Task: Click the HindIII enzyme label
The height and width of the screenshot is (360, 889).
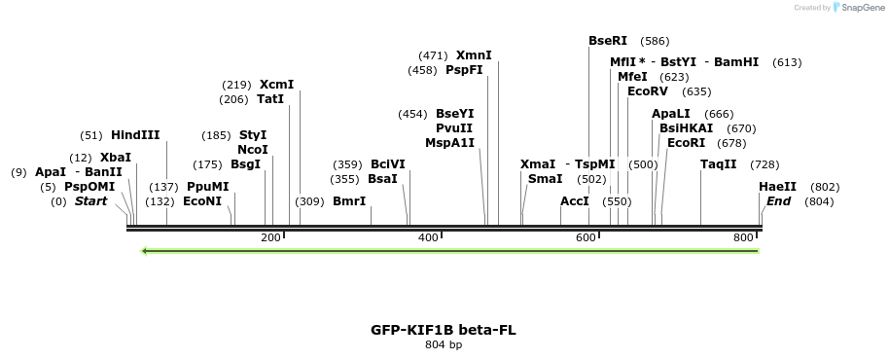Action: point(135,135)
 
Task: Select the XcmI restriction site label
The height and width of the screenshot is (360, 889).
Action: point(276,85)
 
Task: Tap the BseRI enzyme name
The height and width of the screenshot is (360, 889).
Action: point(608,41)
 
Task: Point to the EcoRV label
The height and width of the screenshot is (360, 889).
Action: point(648,91)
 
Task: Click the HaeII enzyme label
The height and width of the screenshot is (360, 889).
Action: point(778,187)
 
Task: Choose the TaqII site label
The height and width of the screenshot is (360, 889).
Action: point(719,163)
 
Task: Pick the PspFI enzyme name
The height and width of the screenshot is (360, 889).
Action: point(464,70)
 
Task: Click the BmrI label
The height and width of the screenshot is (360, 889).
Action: point(349,201)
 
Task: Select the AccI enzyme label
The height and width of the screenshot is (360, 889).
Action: point(575,201)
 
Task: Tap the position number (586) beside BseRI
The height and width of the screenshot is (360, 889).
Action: point(655,41)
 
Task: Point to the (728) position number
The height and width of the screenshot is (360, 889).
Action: point(765,163)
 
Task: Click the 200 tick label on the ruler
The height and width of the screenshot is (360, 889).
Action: point(270,237)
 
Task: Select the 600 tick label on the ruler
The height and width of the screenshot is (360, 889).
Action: point(586,237)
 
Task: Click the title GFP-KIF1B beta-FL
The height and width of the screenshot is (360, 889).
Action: point(444,330)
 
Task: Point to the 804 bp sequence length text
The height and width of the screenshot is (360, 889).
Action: point(444,345)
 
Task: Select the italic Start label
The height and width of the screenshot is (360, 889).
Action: point(90,201)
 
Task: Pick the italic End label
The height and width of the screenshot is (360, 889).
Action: point(778,201)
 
